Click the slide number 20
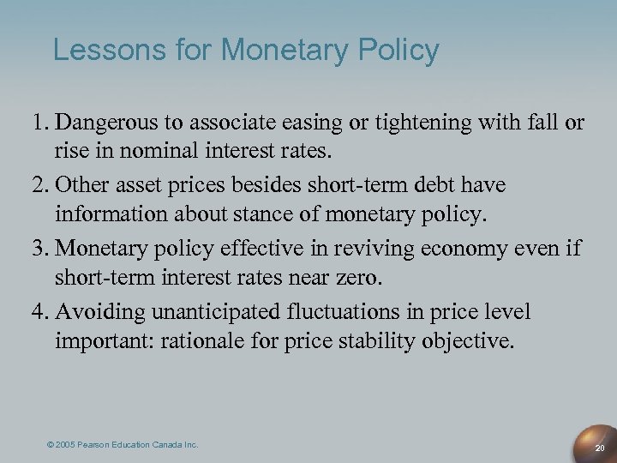point(600,448)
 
